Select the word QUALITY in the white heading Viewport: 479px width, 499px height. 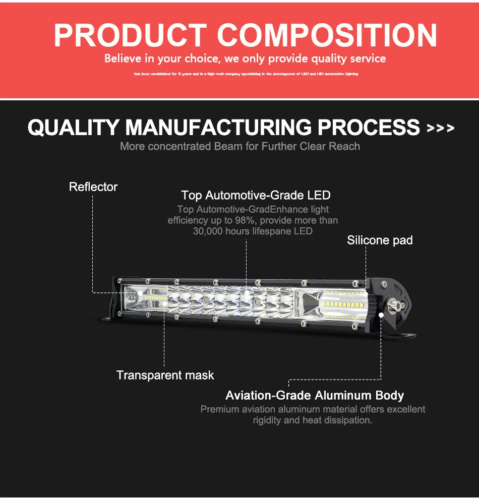73,127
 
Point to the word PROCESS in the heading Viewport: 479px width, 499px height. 369,127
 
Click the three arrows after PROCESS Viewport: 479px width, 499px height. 440,129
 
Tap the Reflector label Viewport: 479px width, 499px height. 93,187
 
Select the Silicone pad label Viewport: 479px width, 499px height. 380,240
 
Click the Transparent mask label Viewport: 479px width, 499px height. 165,376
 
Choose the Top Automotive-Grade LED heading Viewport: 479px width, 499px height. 256,195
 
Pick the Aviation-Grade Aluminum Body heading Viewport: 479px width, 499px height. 315,396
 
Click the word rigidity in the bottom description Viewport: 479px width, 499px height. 267,420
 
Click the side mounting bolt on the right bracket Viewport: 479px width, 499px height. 396,305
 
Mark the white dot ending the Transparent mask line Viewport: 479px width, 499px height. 164,304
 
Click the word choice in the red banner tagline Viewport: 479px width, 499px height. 202,59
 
